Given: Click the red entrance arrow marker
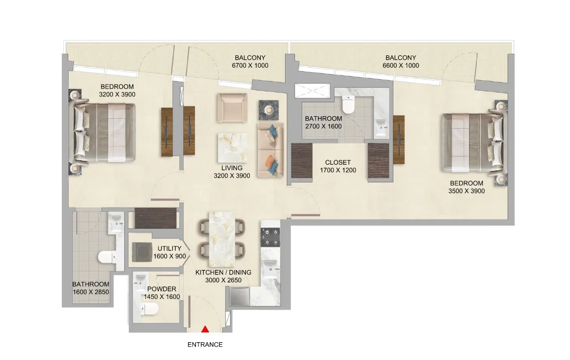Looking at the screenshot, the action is pos(205,329).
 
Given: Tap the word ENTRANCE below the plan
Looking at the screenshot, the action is pos(205,345).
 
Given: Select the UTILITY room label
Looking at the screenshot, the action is pos(169,248).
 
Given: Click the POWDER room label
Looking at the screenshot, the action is pos(162,289).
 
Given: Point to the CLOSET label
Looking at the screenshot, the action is pos(338,162).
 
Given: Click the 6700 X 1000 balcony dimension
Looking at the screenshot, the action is pos(250,65).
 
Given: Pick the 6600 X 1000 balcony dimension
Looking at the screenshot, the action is pos(401,65).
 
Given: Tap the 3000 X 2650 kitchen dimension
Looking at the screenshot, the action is pos(223,280).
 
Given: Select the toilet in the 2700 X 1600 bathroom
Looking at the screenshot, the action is pos(348,104).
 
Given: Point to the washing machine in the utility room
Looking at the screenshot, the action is pos(142,252).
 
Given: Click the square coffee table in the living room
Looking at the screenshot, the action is pos(233,147).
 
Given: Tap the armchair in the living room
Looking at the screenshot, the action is pos(232,107).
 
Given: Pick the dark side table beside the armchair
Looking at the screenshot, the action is pos(269,110).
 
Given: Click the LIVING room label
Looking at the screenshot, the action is pos(232,168).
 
